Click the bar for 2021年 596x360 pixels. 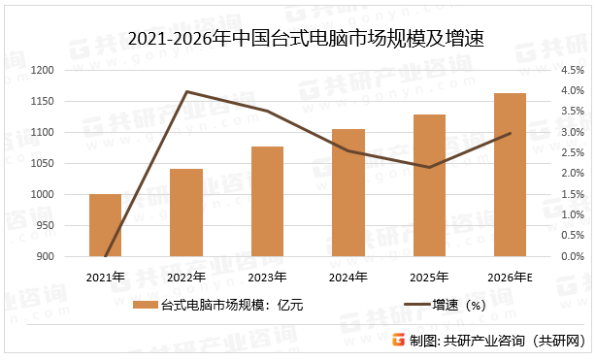pyautogui.click(x=105, y=225)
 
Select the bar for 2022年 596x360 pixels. pyautogui.click(x=186, y=213)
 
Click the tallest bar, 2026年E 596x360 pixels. pyautogui.click(x=510, y=175)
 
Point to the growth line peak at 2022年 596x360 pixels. pyautogui.click(x=186, y=91)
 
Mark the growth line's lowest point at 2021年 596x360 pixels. pyautogui.click(x=105, y=256)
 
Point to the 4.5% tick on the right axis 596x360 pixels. pyautogui.click(x=571, y=70)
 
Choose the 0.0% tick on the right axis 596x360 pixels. pyautogui.click(x=571, y=256)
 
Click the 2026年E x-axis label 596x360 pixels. pyautogui.click(x=510, y=278)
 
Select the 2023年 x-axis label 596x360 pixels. pyautogui.click(x=267, y=278)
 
